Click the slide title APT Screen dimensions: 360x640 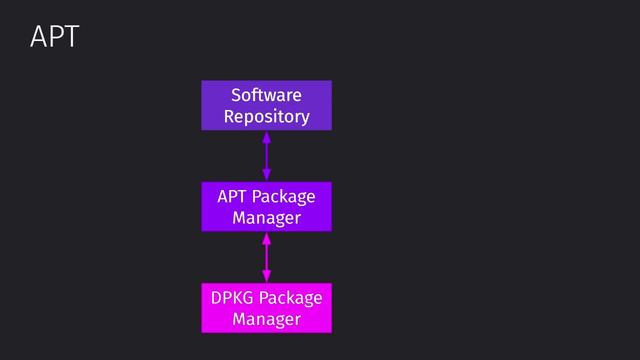[x=54, y=38]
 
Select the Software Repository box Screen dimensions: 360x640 [x=266, y=106]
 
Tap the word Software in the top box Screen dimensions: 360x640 [x=266, y=95]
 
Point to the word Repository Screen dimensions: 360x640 [x=266, y=117]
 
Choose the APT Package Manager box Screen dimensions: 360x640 [x=266, y=207]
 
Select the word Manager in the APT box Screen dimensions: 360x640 [x=266, y=218]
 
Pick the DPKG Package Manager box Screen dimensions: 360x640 [x=266, y=308]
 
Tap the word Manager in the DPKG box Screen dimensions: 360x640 [x=266, y=320]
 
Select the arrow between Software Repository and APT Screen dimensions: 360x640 [x=266, y=156]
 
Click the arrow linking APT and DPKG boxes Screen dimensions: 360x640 [x=266, y=257]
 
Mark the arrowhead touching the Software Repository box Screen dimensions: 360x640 [x=266, y=137]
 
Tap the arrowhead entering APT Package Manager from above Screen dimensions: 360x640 [x=266, y=176]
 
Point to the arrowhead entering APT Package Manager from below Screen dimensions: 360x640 [x=266, y=238]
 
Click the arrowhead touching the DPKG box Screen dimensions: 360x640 [x=266, y=278]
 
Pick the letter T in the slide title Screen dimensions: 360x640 [x=69, y=38]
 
